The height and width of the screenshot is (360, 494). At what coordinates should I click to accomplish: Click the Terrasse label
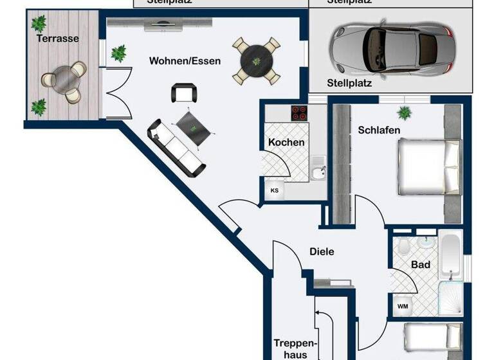58,39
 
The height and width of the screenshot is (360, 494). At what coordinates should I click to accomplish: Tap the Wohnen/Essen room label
185,62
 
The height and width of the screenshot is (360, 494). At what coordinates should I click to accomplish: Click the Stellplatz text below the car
349,83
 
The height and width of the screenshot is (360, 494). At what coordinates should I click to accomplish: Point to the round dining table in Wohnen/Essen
256,61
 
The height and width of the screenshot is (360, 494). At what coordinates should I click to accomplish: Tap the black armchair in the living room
183,94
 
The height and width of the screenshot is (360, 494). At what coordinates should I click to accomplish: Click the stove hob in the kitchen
300,113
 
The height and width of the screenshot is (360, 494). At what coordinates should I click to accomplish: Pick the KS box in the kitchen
275,190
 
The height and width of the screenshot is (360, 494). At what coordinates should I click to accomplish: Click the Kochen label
286,142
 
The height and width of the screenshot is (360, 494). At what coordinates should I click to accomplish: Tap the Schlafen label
379,130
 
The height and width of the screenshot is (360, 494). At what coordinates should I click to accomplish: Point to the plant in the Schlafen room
405,113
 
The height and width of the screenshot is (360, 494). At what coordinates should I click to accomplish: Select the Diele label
322,252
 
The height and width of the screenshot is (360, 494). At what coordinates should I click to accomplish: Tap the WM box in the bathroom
402,306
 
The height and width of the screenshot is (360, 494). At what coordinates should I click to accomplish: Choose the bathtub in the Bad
451,256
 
